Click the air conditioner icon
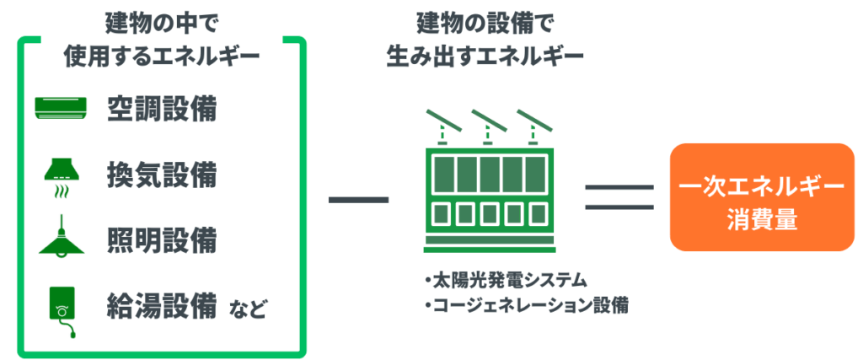point(61,107)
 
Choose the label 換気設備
point(162,175)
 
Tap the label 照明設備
point(162,239)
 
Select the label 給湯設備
point(162,304)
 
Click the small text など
point(247,308)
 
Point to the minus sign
point(358,200)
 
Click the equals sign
point(620,197)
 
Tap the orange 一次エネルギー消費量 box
point(762,197)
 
